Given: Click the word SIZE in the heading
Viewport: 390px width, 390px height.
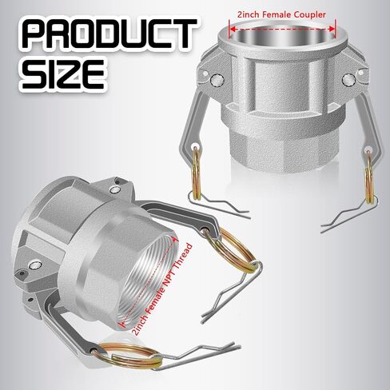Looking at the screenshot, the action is pyautogui.click(x=63, y=74).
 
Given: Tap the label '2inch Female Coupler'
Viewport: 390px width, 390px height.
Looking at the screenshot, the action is pyautogui.click(x=281, y=14).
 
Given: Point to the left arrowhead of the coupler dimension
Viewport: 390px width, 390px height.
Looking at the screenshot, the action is pyautogui.click(x=233, y=29).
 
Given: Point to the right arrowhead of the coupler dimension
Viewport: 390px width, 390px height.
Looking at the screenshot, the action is pyautogui.click(x=332, y=29).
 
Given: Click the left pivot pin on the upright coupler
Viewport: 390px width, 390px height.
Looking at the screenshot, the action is pyautogui.click(x=217, y=80).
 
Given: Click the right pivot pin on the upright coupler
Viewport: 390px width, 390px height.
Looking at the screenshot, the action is pyautogui.click(x=348, y=80).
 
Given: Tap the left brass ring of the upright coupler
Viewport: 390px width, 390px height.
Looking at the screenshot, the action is pyautogui.click(x=197, y=173).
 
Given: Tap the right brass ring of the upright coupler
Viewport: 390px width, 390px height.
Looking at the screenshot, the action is pyautogui.click(x=368, y=177).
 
